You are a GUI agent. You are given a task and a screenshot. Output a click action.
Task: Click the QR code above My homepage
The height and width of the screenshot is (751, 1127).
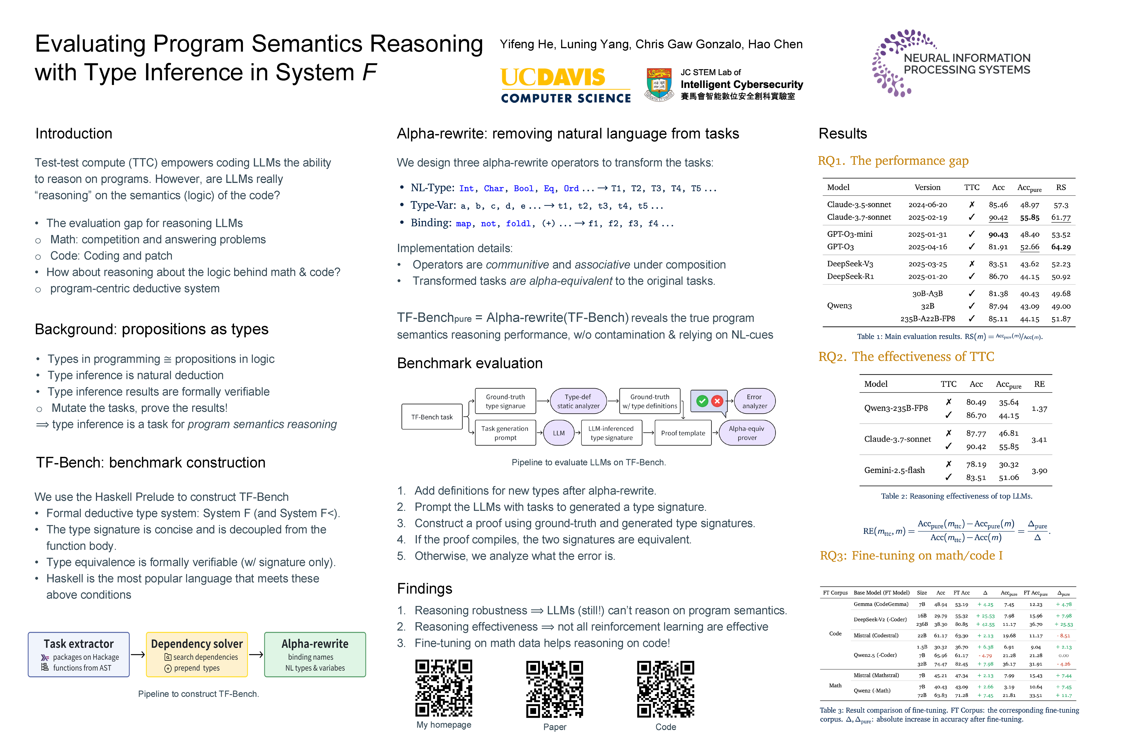pyautogui.click(x=444, y=688)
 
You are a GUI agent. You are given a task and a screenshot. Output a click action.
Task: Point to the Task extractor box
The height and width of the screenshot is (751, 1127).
pyautogui.click(x=79, y=654)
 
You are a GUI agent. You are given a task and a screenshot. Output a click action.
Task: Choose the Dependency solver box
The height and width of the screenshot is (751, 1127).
pyautogui.click(x=197, y=654)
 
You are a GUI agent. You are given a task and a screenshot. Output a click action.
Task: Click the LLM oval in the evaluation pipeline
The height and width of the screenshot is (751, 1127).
pyautogui.click(x=559, y=433)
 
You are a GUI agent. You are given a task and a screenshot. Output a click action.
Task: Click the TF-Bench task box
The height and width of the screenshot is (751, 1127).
pyautogui.click(x=432, y=417)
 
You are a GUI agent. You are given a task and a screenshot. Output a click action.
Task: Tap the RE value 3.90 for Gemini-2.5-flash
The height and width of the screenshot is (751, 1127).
pyautogui.click(x=1039, y=471)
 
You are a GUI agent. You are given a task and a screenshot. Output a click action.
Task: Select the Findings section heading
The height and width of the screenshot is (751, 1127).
pyautogui.click(x=424, y=589)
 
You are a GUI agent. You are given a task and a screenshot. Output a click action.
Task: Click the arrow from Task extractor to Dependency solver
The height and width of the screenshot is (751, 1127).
pyautogui.click(x=138, y=654)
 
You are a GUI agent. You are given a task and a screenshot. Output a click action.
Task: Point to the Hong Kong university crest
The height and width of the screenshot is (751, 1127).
pyautogui.click(x=659, y=85)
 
